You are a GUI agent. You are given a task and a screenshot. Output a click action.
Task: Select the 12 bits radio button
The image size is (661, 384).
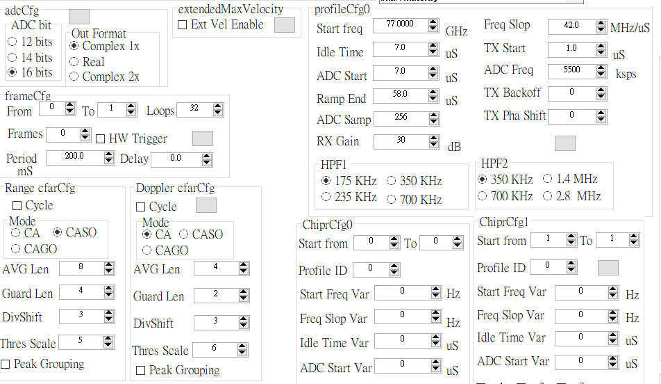[x=12, y=42]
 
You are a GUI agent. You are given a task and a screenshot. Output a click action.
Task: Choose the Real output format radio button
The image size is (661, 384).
[x=74, y=62]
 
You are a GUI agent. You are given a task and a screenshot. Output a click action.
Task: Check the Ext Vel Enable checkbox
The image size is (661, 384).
[x=182, y=25]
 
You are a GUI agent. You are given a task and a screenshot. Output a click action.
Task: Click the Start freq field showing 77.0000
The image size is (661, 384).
[x=400, y=24]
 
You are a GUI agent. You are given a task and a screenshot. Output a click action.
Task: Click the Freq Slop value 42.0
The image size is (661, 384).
[x=571, y=26]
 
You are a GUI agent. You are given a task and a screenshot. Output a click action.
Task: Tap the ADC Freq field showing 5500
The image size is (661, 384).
[x=571, y=70]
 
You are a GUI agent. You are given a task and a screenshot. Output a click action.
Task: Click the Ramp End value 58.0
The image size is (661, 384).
[x=400, y=95]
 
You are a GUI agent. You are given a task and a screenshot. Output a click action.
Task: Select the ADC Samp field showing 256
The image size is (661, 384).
[x=401, y=118]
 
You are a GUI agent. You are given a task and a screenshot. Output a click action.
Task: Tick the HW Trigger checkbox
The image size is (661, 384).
[x=100, y=139]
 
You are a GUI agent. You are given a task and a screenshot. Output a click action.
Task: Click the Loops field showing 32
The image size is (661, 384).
[x=194, y=109]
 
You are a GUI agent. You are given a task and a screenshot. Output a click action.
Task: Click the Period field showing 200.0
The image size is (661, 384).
[x=74, y=157]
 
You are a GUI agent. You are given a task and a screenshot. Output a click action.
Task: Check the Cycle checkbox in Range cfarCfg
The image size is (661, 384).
[x=17, y=205]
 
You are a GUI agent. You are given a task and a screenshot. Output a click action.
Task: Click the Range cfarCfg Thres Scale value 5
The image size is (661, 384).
[x=81, y=341]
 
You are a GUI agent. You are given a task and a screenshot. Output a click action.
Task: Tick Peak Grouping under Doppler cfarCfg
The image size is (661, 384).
[x=140, y=371]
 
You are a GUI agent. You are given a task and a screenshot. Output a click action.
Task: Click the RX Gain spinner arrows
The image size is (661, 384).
[x=434, y=141]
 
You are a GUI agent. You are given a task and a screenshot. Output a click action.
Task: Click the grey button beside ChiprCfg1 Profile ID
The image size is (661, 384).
[x=608, y=268]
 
